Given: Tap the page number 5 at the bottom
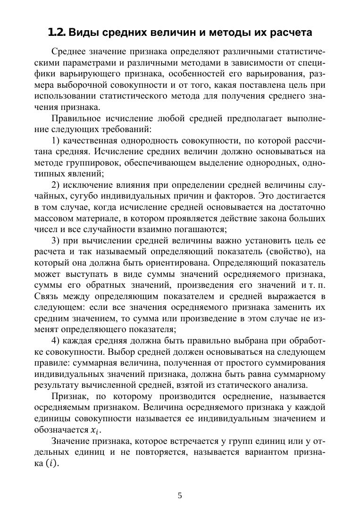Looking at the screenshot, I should tap(180, 495).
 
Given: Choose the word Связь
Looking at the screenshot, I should tap(46, 296).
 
